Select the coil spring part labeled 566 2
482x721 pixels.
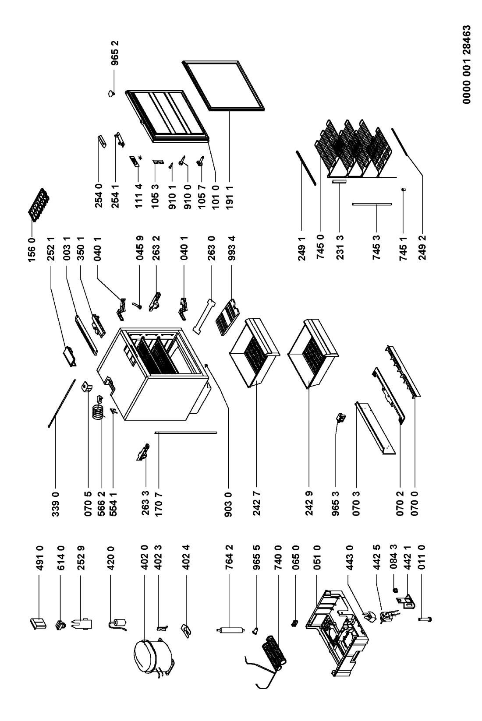point(99,412)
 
